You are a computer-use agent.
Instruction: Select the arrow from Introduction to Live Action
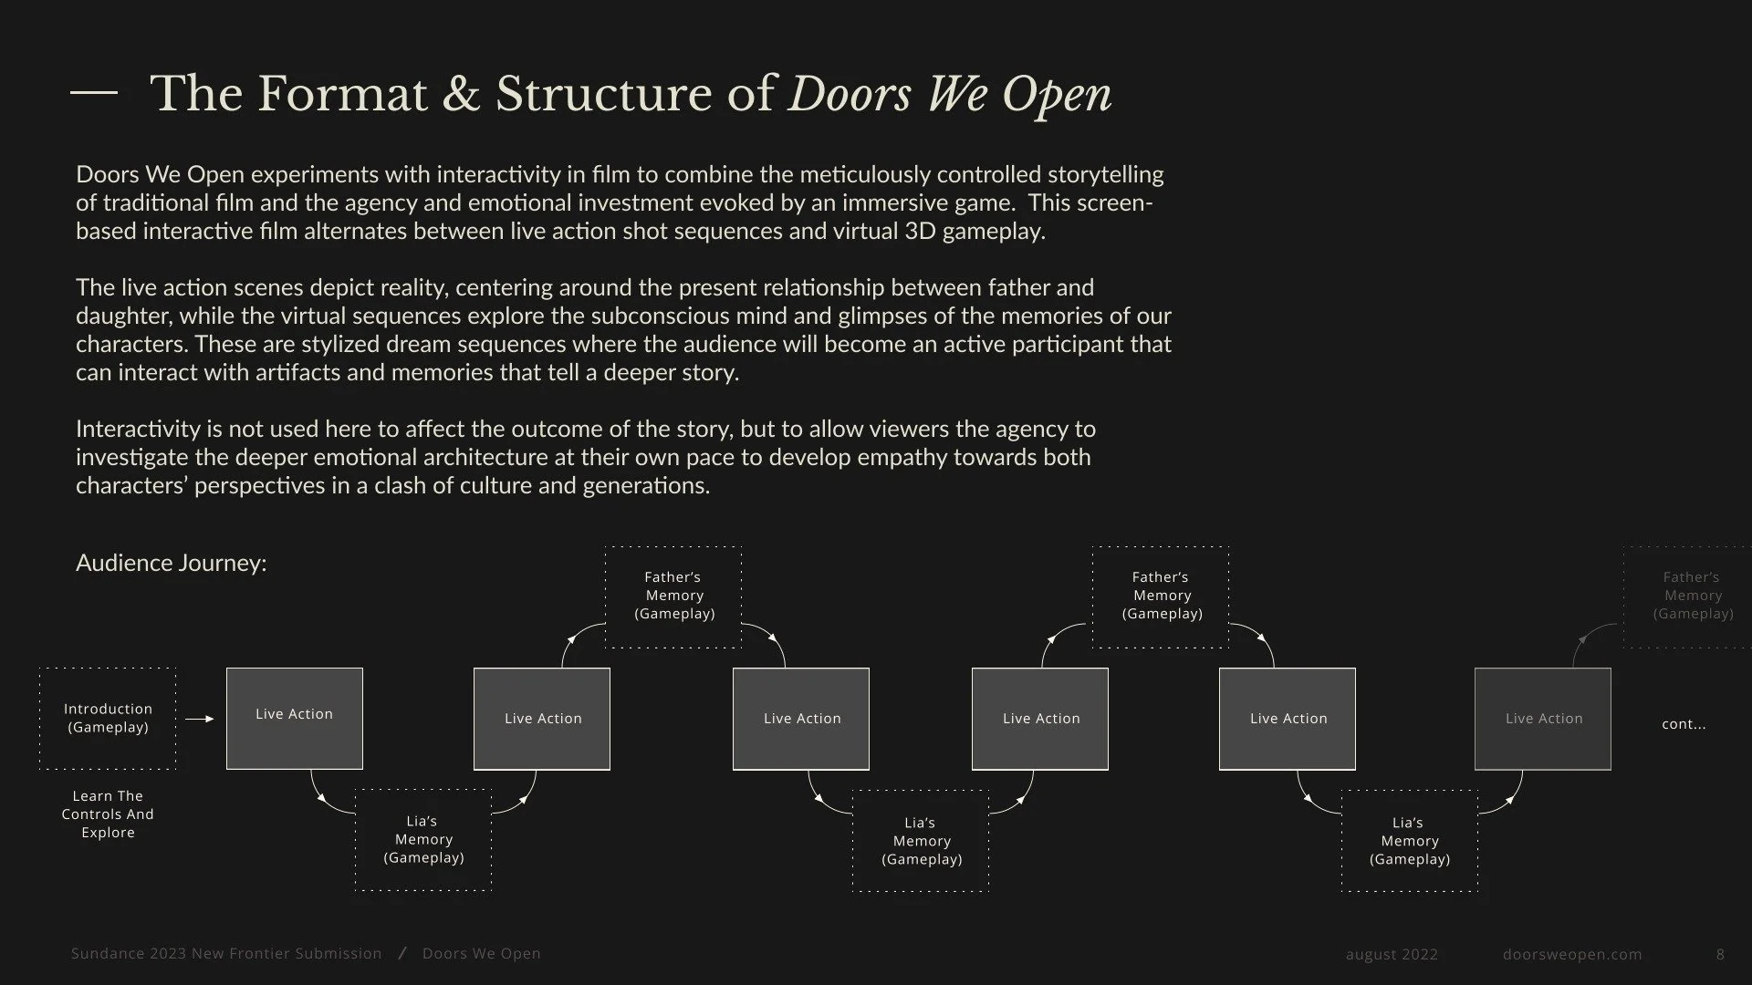(x=200, y=719)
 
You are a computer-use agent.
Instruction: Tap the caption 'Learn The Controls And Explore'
(x=108, y=814)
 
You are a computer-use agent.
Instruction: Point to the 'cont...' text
(x=1684, y=724)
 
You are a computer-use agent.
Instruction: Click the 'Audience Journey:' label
(x=172, y=563)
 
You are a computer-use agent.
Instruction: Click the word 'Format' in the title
(x=342, y=94)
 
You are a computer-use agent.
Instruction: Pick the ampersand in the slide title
(x=461, y=94)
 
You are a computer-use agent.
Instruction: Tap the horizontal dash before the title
(x=94, y=92)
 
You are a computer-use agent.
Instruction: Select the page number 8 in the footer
(x=1720, y=954)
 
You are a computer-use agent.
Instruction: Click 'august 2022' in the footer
(x=1392, y=954)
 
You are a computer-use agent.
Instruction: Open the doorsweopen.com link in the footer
(x=1572, y=954)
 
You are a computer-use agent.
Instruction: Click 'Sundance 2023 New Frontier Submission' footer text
(x=226, y=953)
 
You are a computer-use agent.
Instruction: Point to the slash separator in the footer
(x=402, y=953)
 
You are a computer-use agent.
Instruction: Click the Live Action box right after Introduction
(x=295, y=719)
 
